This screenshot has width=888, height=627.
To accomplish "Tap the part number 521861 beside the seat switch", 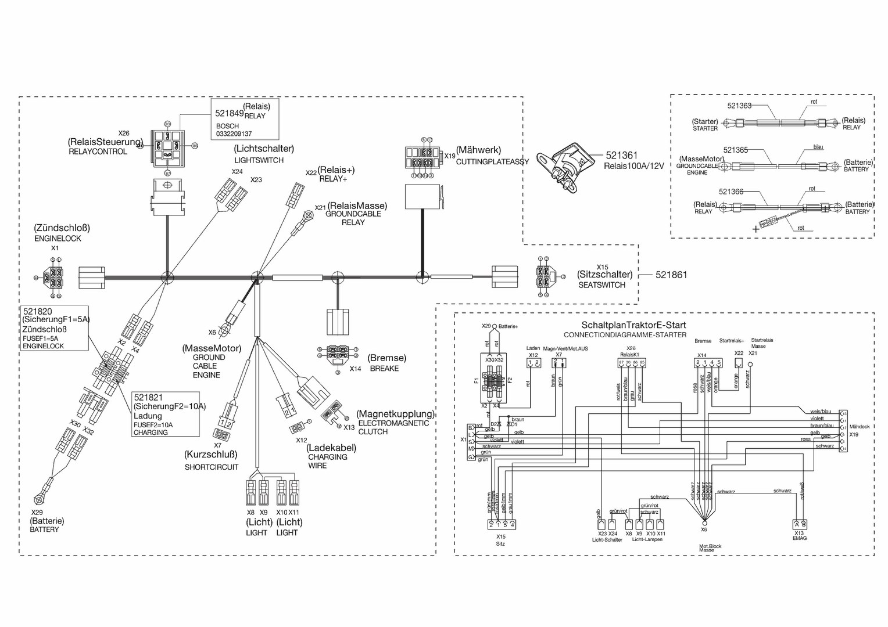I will coord(671,275).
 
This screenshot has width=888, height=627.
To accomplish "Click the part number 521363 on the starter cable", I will coord(739,106).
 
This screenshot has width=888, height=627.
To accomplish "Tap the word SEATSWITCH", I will coord(601,285).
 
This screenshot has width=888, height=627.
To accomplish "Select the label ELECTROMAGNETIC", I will coord(393,423).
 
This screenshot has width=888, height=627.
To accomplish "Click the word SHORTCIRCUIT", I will coord(212,467).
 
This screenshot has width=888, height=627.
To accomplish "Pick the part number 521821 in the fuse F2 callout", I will coord(148,397).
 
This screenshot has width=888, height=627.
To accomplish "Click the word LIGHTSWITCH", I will coord(259,160).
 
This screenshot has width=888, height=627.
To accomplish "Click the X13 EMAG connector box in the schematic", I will coord(800,523).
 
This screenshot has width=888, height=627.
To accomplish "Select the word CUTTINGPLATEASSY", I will coord(492,162).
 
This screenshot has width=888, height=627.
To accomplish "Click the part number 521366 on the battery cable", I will coord(731,192).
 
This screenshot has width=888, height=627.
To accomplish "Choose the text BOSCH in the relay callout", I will coord(227,126).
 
